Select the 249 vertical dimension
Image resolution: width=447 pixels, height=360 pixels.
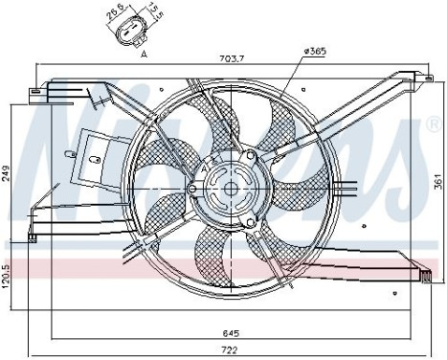(x=7, y=173)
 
